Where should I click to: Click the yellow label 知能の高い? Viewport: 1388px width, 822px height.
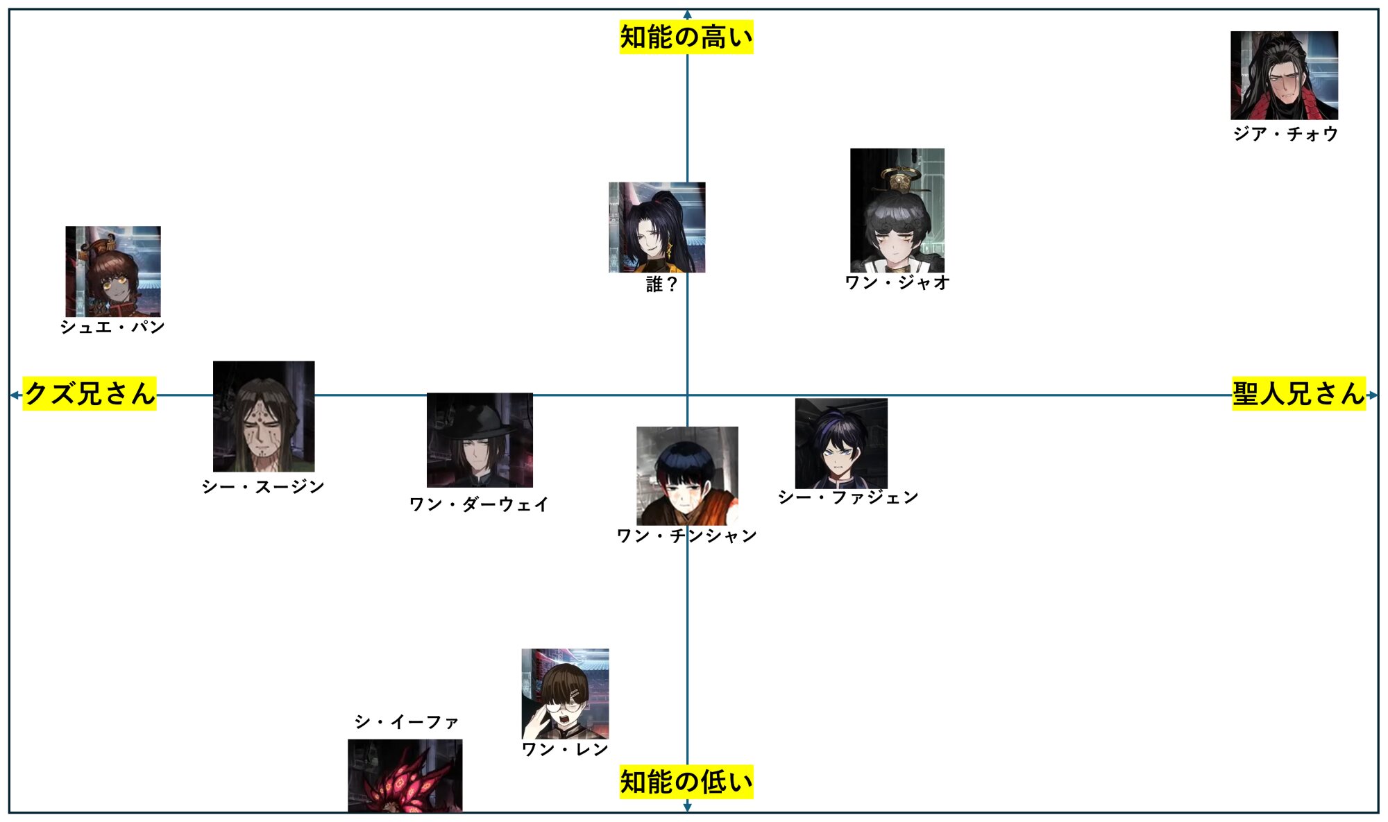coord(686,37)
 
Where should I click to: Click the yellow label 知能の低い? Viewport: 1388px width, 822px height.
coord(686,782)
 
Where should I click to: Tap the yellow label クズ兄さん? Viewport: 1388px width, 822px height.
coord(90,393)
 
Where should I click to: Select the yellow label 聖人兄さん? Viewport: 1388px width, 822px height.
coord(1298,393)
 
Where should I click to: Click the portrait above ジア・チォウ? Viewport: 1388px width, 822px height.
coord(1284,75)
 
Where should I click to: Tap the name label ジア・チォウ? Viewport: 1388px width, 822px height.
coord(1285,134)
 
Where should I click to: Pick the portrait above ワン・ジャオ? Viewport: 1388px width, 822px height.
coord(897,209)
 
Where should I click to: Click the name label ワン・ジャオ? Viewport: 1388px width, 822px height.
coord(897,282)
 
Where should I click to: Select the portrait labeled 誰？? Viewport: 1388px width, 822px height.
coord(657,227)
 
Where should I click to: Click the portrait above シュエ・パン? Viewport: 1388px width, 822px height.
coord(113,271)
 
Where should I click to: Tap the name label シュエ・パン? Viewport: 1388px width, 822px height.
coord(112,327)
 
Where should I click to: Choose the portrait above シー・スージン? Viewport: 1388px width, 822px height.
coord(264,416)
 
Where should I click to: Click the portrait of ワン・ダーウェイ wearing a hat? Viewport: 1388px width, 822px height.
coord(480,440)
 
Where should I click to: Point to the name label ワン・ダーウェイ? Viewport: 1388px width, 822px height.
coord(479,504)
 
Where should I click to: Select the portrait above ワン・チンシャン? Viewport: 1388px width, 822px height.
coord(687,476)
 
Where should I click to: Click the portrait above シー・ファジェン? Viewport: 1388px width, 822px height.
coord(841,443)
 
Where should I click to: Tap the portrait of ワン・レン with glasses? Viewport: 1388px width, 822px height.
coord(565,694)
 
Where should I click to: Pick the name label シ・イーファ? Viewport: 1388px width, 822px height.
coord(407,722)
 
